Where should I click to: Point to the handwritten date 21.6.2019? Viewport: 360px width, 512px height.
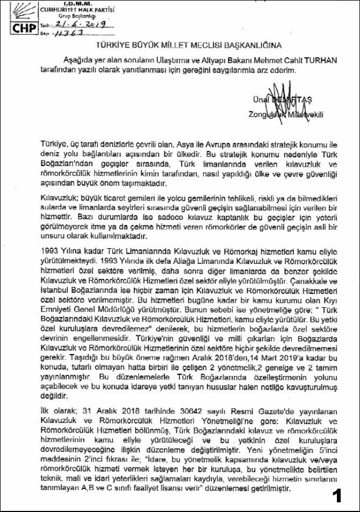click(78, 25)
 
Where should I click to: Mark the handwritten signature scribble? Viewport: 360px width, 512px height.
click(279, 97)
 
